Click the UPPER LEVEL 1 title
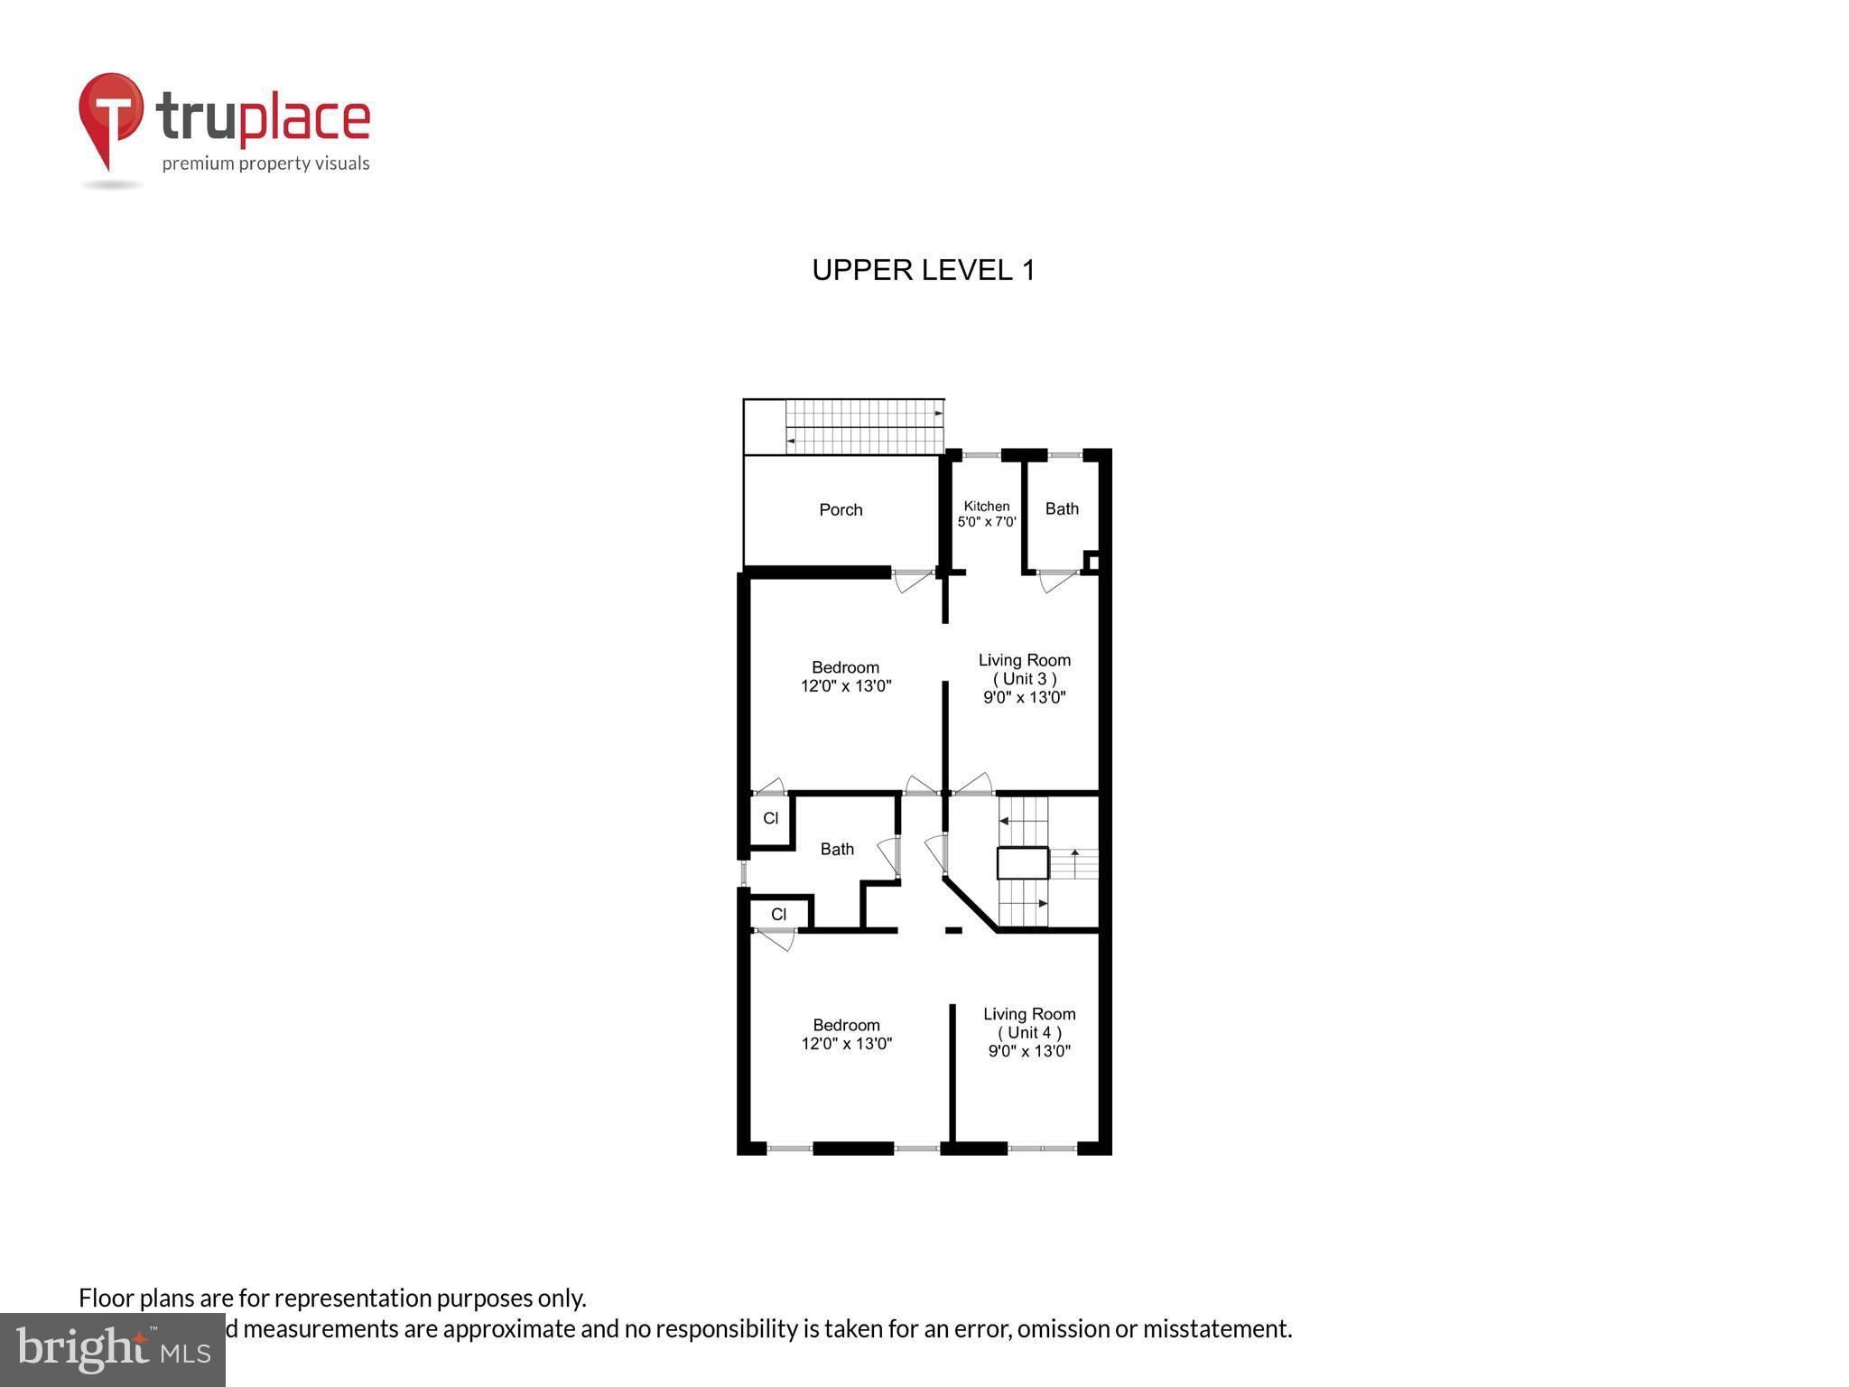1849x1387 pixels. coord(923,270)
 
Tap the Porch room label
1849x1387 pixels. coord(841,510)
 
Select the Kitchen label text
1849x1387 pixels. coord(987,506)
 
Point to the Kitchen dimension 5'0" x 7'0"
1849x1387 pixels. coord(987,522)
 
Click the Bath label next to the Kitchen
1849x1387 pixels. coord(1062,508)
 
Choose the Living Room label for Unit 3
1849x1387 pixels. coord(1024,660)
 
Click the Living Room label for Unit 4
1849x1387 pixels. coord(1029,1014)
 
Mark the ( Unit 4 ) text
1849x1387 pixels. coord(1029,1032)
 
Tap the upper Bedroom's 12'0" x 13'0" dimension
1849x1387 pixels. coord(846,686)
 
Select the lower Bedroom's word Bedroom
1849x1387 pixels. coord(846,1025)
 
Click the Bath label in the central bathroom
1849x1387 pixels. coord(837,849)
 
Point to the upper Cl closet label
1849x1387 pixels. coord(770,819)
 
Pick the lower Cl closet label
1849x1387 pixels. coord(778,915)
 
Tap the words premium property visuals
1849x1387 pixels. coord(265,163)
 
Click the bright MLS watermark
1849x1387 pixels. coord(113,1349)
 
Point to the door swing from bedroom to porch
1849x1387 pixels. coord(913,580)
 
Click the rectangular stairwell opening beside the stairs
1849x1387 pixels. coord(1022,862)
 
